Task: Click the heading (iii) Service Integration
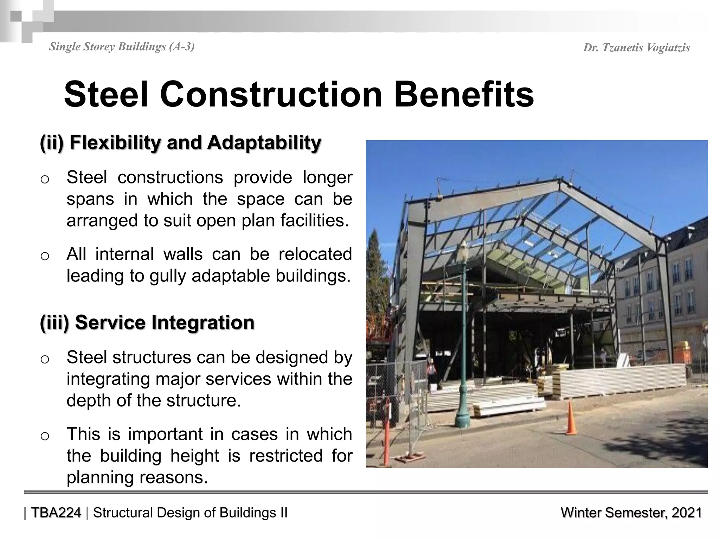click(147, 322)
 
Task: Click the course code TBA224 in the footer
click(56, 513)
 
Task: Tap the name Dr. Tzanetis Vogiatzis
click(636, 48)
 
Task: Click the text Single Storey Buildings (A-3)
click(122, 46)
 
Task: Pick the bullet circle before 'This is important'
click(45, 436)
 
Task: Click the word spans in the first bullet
click(90, 199)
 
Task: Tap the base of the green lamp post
click(463, 420)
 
